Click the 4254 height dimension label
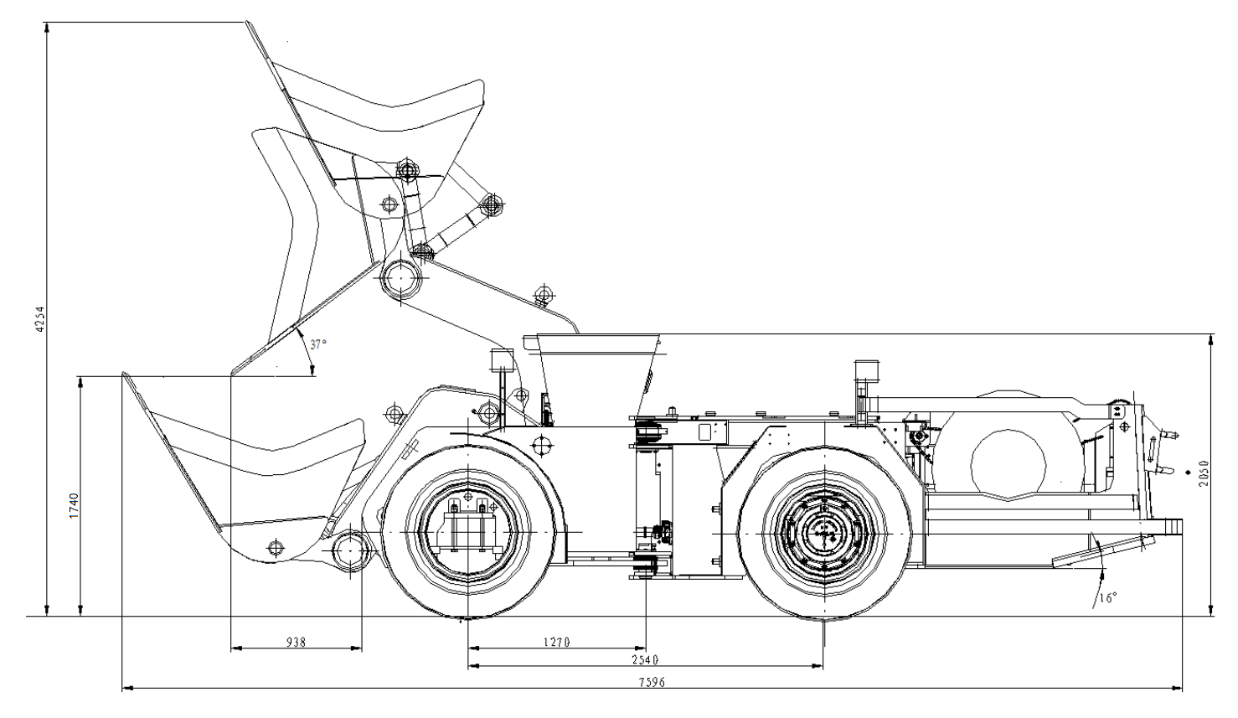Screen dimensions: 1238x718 click(x=39, y=319)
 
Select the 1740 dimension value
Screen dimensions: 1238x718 click(x=74, y=505)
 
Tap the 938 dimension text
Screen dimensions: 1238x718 click(x=296, y=643)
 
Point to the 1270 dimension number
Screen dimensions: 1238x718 click(x=556, y=643)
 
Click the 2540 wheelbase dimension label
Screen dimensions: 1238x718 click(x=645, y=659)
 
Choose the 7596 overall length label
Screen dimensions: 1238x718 click(x=653, y=683)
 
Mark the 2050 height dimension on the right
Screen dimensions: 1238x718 click(x=1204, y=473)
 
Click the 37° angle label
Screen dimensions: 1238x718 click(x=318, y=344)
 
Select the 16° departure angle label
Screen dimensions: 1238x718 click(x=1108, y=598)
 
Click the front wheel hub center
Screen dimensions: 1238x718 click(x=467, y=532)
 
